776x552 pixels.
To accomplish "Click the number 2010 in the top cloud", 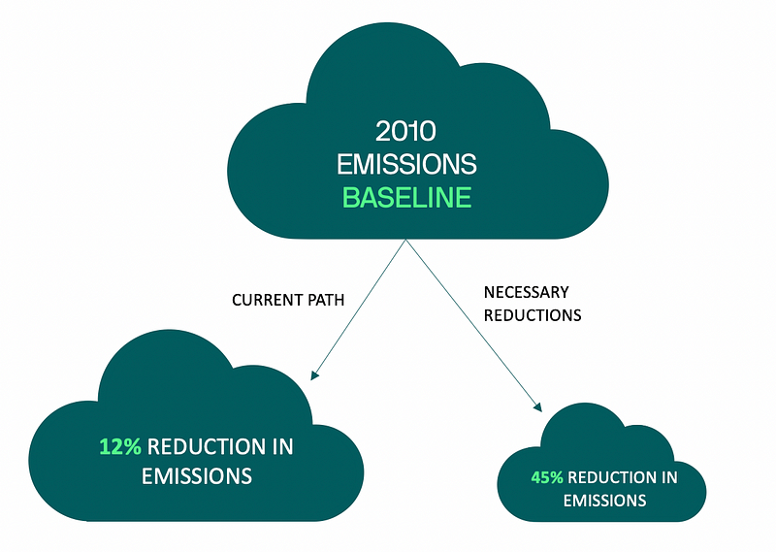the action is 405,131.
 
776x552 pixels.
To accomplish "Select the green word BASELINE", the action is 406,198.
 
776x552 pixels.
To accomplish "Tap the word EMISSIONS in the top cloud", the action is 406,164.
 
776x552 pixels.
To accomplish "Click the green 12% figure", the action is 120,446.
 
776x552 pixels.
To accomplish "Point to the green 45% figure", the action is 547,477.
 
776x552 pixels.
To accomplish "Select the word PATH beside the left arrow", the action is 326,300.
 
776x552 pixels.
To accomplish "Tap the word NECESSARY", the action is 526,292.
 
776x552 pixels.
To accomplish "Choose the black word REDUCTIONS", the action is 533,315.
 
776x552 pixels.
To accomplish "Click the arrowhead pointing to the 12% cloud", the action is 313,375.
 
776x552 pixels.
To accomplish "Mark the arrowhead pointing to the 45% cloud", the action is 538,406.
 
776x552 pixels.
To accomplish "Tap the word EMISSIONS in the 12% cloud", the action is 197,476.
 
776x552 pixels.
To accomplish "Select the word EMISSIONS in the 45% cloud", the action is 604,501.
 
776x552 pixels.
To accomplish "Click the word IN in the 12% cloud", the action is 283,446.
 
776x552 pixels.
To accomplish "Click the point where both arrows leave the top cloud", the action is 405,241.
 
